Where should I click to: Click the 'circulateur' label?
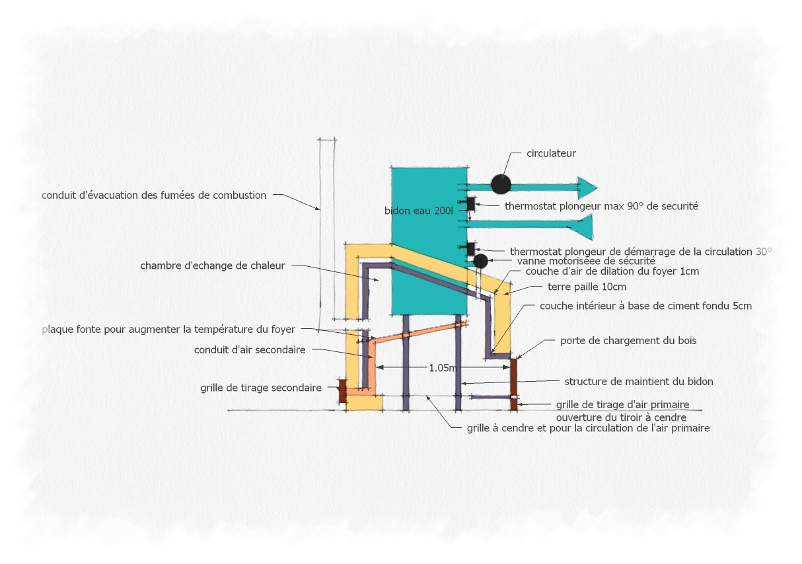[551, 153]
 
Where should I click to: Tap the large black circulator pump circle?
[501, 184]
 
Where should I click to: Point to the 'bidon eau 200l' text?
[419, 211]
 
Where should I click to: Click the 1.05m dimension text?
[443, 368]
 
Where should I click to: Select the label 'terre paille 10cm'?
[587, 287]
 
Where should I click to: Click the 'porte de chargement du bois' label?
[628, 341]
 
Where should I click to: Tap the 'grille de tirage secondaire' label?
[261, 388]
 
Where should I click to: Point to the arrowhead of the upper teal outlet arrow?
[587, 188]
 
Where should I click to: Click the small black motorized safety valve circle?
[480, 262]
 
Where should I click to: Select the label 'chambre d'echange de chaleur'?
[213, 266]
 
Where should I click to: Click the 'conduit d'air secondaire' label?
[250, 350]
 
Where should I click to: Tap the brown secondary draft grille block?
[343, 391]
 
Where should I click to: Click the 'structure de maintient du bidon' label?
[639, 382]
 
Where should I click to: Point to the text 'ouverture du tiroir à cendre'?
[621, 417]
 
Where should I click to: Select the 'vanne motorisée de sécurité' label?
[586, 262]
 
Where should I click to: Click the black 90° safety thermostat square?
[471, 204]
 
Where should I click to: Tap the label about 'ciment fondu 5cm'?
[645, 306]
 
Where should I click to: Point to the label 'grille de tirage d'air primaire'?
[622, 405]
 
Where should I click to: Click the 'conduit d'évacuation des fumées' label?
[154, 195]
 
